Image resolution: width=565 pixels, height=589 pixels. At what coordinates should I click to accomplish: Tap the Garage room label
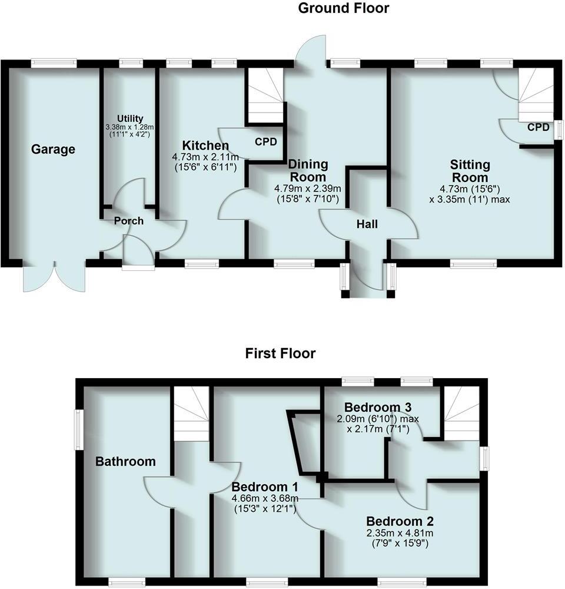53,150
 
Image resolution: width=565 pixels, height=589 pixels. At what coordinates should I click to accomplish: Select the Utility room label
129,118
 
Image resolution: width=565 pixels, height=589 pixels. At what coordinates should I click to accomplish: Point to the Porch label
128,221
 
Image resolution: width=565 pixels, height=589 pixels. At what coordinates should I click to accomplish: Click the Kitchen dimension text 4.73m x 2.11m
204,157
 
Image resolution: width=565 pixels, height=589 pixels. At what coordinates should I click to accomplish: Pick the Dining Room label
308,170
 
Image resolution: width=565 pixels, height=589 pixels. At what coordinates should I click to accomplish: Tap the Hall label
367,224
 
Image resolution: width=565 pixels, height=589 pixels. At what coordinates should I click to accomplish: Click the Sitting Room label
469,170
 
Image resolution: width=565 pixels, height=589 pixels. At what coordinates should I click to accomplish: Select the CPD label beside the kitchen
265,142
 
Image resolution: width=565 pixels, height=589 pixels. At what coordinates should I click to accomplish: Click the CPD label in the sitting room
538,127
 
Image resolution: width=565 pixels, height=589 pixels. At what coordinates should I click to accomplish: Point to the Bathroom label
125,461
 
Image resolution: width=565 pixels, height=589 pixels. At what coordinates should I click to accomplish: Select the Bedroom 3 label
377,407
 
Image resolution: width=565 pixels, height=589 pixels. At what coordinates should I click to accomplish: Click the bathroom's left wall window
77,430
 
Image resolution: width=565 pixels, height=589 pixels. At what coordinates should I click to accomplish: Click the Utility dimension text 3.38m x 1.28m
129,127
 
